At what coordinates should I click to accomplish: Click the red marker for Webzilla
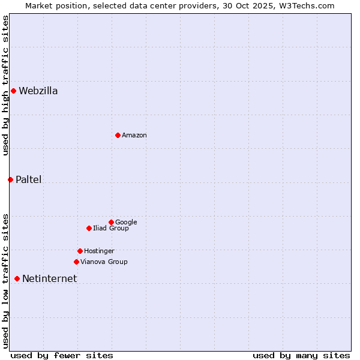click(x=13, y=91)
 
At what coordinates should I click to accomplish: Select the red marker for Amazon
click(x=118, y=135)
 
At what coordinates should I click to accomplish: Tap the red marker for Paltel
click(x=10, y=179)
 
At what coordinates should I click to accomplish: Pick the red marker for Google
click(x=111, y=222)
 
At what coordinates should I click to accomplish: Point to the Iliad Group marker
click(x=89, y=228)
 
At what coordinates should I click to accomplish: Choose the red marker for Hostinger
click(x=80, y=251)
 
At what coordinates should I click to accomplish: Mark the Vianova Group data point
click(x=76, y=262)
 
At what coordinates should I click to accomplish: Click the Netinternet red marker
click(x=17, y=278)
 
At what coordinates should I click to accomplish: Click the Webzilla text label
click(x=38, y=91)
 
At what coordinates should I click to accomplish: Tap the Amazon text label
click(x=134, y=136)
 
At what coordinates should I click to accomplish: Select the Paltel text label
click(x=29, y=180)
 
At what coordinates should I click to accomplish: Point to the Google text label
click(x=126, y=223)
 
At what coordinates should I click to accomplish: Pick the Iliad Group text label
click(x=111, y=229)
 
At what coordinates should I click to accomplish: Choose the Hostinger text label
click(x=99, y=251)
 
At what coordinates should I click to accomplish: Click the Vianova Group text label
click(x=104, y=262)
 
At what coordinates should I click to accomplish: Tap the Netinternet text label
click(x=50, y=279)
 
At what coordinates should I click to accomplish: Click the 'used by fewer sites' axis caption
click(x=62, y=355)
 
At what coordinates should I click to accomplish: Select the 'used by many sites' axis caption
click(x=301, y=355)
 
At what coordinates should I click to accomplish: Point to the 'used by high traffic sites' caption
click(x=5, y=85)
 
